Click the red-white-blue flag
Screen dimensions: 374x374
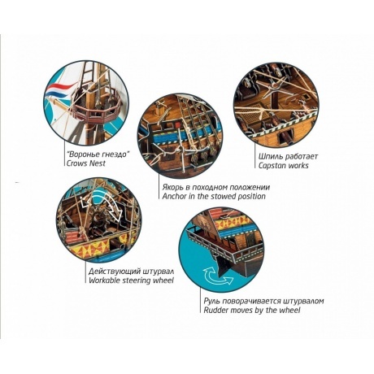coord(59,90)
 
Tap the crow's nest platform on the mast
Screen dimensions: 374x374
coord(95,108)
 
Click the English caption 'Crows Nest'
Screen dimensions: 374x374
coord(86,163)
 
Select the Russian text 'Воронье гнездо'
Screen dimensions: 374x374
coord(98,154)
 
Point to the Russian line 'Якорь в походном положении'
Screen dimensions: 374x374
coord(216,187)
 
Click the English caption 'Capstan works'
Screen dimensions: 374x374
coord(283,165)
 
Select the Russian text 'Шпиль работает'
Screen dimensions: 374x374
coord(288,156)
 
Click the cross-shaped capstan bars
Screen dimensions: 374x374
coord(276,86)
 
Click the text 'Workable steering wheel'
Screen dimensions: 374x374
coord(131,280)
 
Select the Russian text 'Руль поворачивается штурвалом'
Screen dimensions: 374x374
coord(263,301)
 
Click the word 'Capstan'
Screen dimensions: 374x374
coord(272,165)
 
